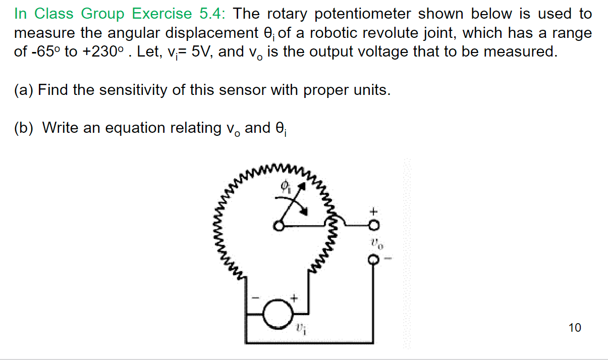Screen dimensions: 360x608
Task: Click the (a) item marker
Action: [24, 90]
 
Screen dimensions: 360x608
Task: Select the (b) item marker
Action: [24, 128]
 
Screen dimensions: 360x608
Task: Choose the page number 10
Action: [574, 328]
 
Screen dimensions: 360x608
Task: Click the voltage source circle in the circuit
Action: [279, 314]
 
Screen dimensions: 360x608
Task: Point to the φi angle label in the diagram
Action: [285, 187]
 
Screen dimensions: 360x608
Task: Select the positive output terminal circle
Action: [373, 224]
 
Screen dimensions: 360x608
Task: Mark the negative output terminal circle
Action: [373, 260]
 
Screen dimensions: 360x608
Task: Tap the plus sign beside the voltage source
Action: [294, 298]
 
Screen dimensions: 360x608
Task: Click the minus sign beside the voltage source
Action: [256, 299]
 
